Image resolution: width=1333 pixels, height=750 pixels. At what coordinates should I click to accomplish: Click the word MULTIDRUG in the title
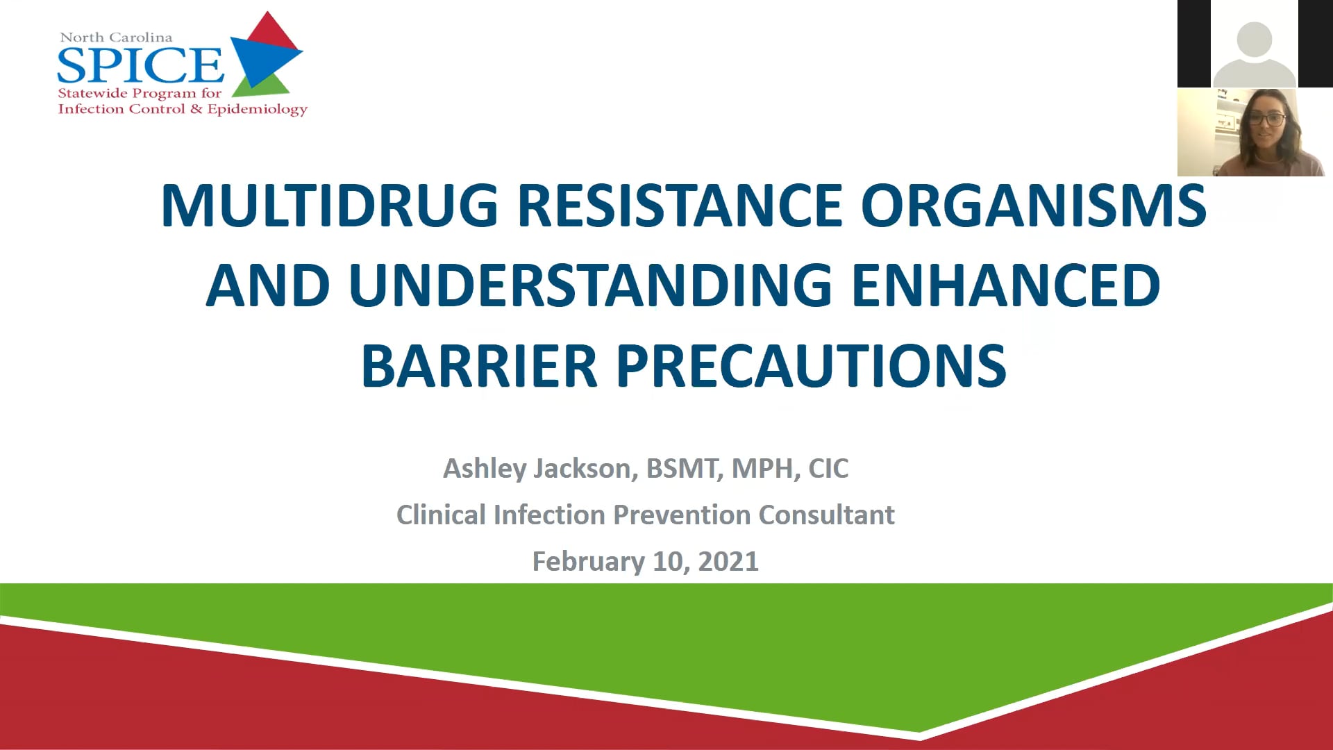330,206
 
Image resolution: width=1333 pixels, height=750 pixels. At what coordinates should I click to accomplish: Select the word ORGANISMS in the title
1034,206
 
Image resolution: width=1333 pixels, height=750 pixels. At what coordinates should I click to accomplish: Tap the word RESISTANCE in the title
680,206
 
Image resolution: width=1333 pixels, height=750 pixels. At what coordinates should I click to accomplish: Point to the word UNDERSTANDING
591,285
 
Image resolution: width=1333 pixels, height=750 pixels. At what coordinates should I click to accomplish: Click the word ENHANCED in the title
1006,285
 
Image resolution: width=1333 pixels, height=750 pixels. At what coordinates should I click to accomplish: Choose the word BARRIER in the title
479,366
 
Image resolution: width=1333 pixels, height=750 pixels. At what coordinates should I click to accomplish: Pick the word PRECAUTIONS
812,366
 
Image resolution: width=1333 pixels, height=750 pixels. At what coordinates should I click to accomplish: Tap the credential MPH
766,469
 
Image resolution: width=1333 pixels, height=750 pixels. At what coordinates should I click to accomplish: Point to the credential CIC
828,469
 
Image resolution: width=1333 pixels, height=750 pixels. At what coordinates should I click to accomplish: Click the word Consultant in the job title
826,515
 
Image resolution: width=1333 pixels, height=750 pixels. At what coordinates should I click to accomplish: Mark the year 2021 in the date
728,562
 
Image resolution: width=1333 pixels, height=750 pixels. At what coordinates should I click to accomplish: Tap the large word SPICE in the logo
140,65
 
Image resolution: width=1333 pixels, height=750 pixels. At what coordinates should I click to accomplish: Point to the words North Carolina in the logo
116,37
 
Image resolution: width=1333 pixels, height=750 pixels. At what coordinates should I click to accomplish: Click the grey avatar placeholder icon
1255,53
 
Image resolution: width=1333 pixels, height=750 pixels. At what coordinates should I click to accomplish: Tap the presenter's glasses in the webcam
1268,119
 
